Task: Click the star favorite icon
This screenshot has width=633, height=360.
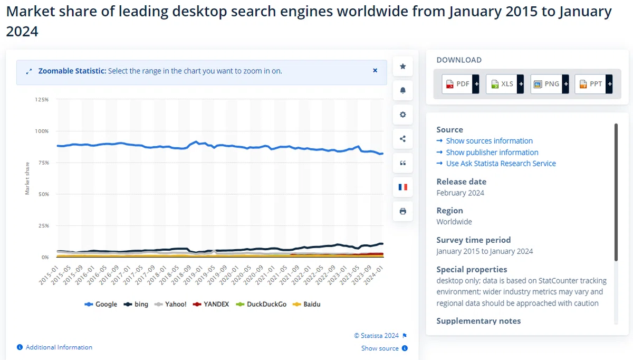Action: [x=403, y=66]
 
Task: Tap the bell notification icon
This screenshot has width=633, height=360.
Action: [x=403, y=90]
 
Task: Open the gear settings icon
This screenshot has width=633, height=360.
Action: [x=403, y=115]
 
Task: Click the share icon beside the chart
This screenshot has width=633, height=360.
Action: [x=403, y=139]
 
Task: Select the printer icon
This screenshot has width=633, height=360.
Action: [x=403, y=211]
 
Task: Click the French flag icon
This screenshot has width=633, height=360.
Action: [x=403, y=187]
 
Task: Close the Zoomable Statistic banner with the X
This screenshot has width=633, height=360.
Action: [x=375, y=70]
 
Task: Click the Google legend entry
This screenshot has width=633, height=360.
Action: [x=101, y=304]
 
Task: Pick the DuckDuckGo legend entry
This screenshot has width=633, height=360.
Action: [x=261, y=304]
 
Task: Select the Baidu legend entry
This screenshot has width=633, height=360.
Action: [x=306, y=304]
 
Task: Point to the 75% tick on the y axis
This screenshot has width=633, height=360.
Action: [x=44, y=163]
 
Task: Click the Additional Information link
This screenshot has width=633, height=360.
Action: [x=54, y=347]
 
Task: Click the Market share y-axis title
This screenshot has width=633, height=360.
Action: [x=27, y=178]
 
